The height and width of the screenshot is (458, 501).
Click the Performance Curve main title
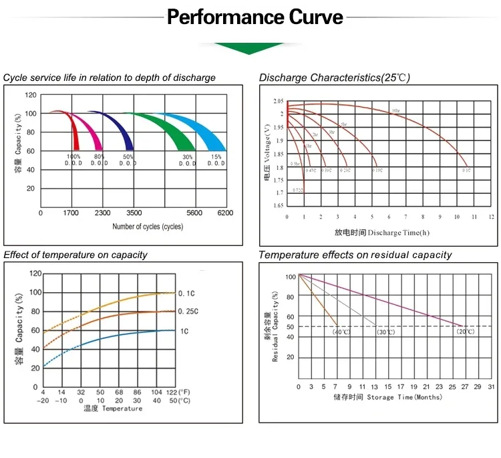click(x=255, y=16)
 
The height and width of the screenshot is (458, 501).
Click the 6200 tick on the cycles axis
click(x=225, y=213)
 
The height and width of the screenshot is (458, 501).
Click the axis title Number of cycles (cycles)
click(x=148, y=227)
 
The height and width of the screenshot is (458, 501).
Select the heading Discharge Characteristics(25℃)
click(x=334, y=78)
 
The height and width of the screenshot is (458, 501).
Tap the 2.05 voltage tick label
click(x=278, y=101)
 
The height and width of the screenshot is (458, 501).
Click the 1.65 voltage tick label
click(x=278, y=206)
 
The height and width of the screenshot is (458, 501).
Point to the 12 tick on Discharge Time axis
click(x=491, y=217)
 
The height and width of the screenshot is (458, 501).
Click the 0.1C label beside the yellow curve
click(x=186, y=293)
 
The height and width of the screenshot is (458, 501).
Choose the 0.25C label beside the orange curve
click(x=188, y=312)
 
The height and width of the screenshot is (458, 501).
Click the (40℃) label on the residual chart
click(x=341, y=332)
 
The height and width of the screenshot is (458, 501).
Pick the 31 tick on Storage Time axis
click(x=490, y=387)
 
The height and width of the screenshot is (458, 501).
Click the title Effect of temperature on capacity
click(x=75, y=255)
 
